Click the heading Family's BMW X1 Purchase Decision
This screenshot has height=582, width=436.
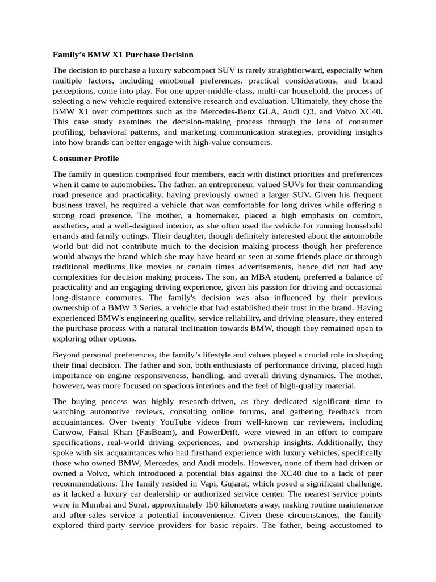tap(123, 55)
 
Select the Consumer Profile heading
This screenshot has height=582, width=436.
tap(86, 159)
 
